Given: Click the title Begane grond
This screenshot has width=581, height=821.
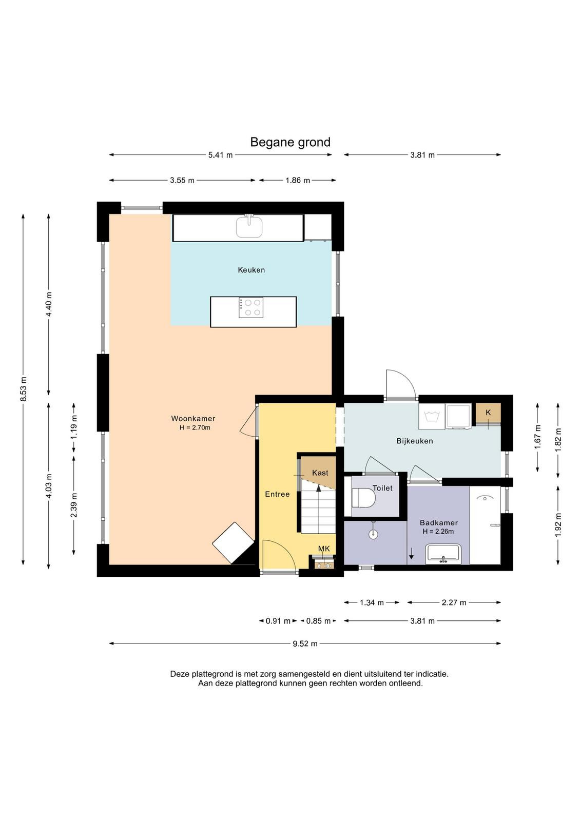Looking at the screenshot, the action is click(290, 142).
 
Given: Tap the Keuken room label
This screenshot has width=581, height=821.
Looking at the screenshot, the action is click(251, 270).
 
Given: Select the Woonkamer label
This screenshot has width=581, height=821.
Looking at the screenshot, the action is click(193, 419).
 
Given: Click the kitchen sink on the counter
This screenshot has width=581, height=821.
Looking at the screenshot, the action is click(249, 227).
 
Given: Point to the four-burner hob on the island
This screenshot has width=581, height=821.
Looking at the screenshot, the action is click(251, 308).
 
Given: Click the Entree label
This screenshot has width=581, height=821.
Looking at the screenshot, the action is click(277, 494).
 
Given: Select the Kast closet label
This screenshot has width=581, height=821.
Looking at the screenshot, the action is click(320, 473).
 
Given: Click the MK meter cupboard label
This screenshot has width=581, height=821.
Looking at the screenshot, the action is click(324, 549).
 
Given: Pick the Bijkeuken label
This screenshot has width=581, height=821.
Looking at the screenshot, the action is click(415, 441).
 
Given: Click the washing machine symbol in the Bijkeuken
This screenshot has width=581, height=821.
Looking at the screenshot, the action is click(432, 416).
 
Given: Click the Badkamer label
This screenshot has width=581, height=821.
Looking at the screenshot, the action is click(439, 523).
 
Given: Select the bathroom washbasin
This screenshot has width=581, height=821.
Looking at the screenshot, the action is click(443, 554).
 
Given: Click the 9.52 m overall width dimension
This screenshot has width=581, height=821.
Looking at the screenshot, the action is click(305, 643).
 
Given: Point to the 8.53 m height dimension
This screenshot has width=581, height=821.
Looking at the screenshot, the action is click(23, 389).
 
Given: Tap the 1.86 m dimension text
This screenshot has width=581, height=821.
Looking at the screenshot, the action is click(298, 180).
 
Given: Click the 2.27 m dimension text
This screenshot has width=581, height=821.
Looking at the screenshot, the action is click(454, 602).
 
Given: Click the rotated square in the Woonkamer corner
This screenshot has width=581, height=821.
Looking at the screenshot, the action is click(233, 543).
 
